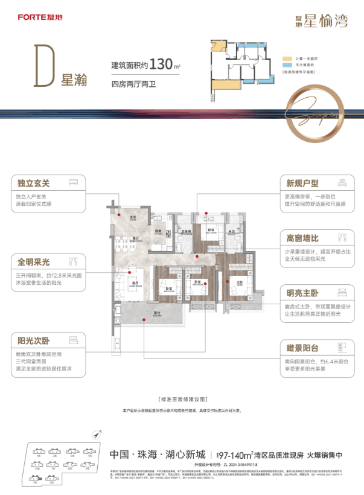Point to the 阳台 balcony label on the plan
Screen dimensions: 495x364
pyautogui.click(x=157, y=313)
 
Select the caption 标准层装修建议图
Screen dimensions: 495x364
pyautogui.click(x=182, y=400)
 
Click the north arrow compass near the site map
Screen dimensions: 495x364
pyautogui.click(x=95, y=433)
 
